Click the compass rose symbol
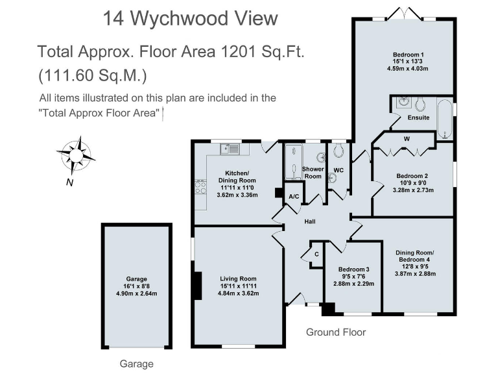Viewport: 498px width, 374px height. tap(76, 154)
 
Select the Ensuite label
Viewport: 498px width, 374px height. tap(418, 118)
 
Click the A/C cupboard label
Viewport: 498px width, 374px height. tap(293, 196)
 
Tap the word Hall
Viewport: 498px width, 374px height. tap(310, 223)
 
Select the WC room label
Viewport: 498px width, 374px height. tap(338, 170)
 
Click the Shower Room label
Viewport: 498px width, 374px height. tap(313, 173)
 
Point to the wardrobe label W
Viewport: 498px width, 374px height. tap(406, 138)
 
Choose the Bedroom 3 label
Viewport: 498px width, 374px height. tap(353, 269)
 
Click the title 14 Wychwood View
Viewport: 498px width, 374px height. tap(190, 19)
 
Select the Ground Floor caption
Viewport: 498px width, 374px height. tap(336, 332)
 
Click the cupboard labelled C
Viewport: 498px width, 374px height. tap(316, 254)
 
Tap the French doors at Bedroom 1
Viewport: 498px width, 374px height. tap(406, 14)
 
